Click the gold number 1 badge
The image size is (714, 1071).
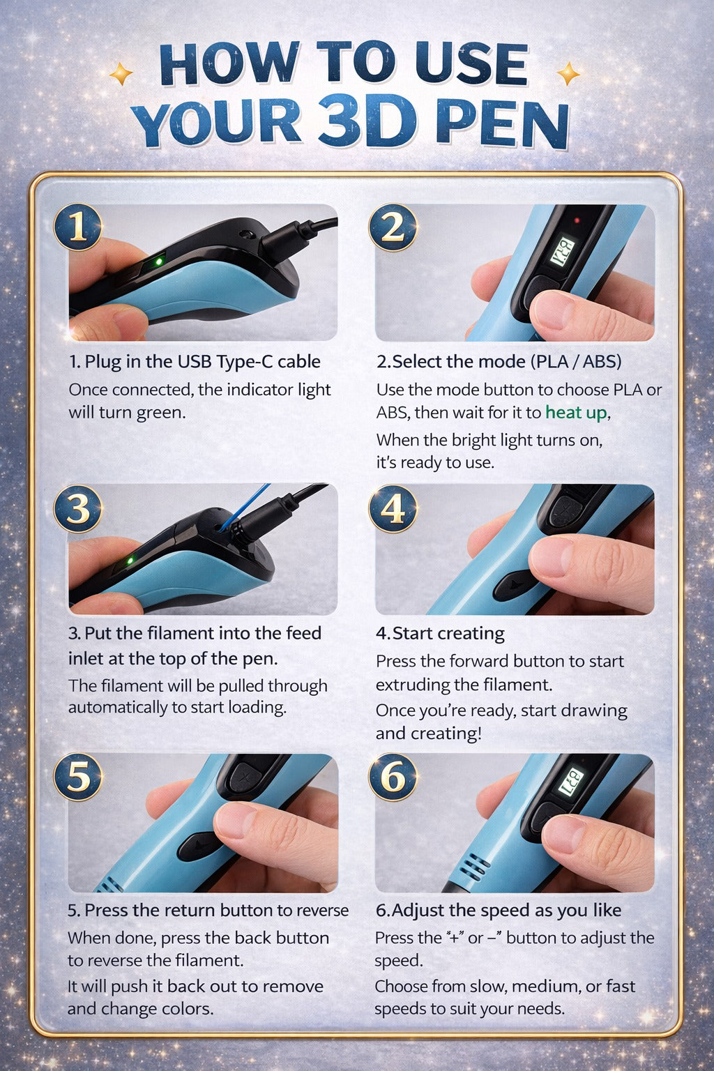click(78, 227)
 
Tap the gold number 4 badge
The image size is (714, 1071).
click(393, 508)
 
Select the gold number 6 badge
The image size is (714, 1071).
click(393, 777)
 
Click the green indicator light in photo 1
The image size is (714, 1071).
click(159, 262)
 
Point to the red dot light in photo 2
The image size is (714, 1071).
click(577, 220)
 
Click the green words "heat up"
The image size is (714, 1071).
click(576, 413)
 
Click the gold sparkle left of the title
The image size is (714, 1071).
click(121, 73)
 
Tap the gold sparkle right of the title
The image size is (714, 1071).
click(568, 73)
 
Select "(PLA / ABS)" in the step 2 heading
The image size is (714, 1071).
click(576, 362)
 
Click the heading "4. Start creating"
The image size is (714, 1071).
click(440, 633)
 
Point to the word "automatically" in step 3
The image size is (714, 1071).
click(117, 708)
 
